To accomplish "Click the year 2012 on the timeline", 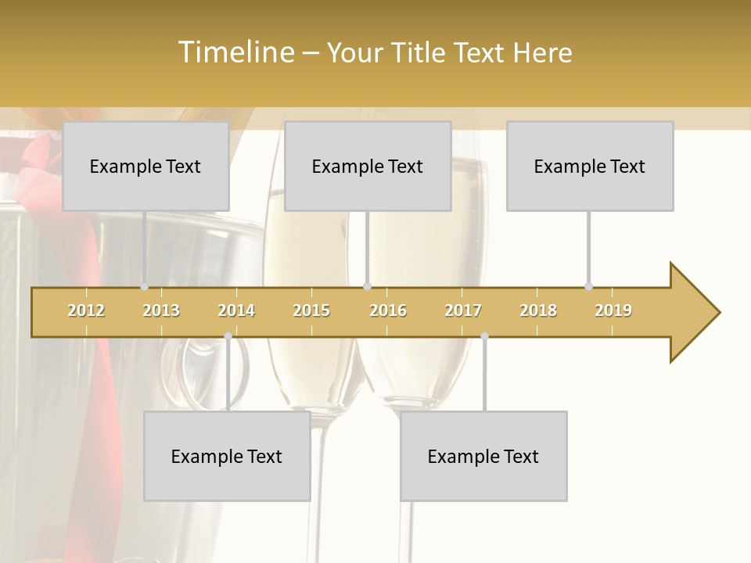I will pyautogui.click(x=86, y=310).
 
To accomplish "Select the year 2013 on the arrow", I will pyautogui.click(x=161, y=310).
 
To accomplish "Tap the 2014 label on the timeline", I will pyautogui.click(x=236, y=310).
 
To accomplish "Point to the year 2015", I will pyautogui.click(x=311, y=310).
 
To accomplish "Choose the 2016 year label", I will pyautogui.click(x=388, y=310).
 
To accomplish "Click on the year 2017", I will pyautogui.click(x=463, y=310).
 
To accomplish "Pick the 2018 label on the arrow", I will pyautogui.click(x=538, y=310).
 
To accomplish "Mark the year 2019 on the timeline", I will pyautogui.click(x=613, y=310).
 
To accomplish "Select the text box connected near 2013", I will pyautogui.click(x=146, y=166).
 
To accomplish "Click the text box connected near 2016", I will pyautogui.click(x=368, y=166).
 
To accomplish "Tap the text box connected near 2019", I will pyautogui.click(x=590, y=166).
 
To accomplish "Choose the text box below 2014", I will pyautogui.click(x=227, y=456).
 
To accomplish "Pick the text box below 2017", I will pyautogui.click(x=483, y=456).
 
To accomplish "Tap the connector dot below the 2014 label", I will pyautogui.click(x=228, y=336).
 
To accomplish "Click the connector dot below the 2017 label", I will pyautogui.click(x=484, y=336).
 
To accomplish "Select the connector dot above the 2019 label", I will pyautogui.click(x=588, y=286).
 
